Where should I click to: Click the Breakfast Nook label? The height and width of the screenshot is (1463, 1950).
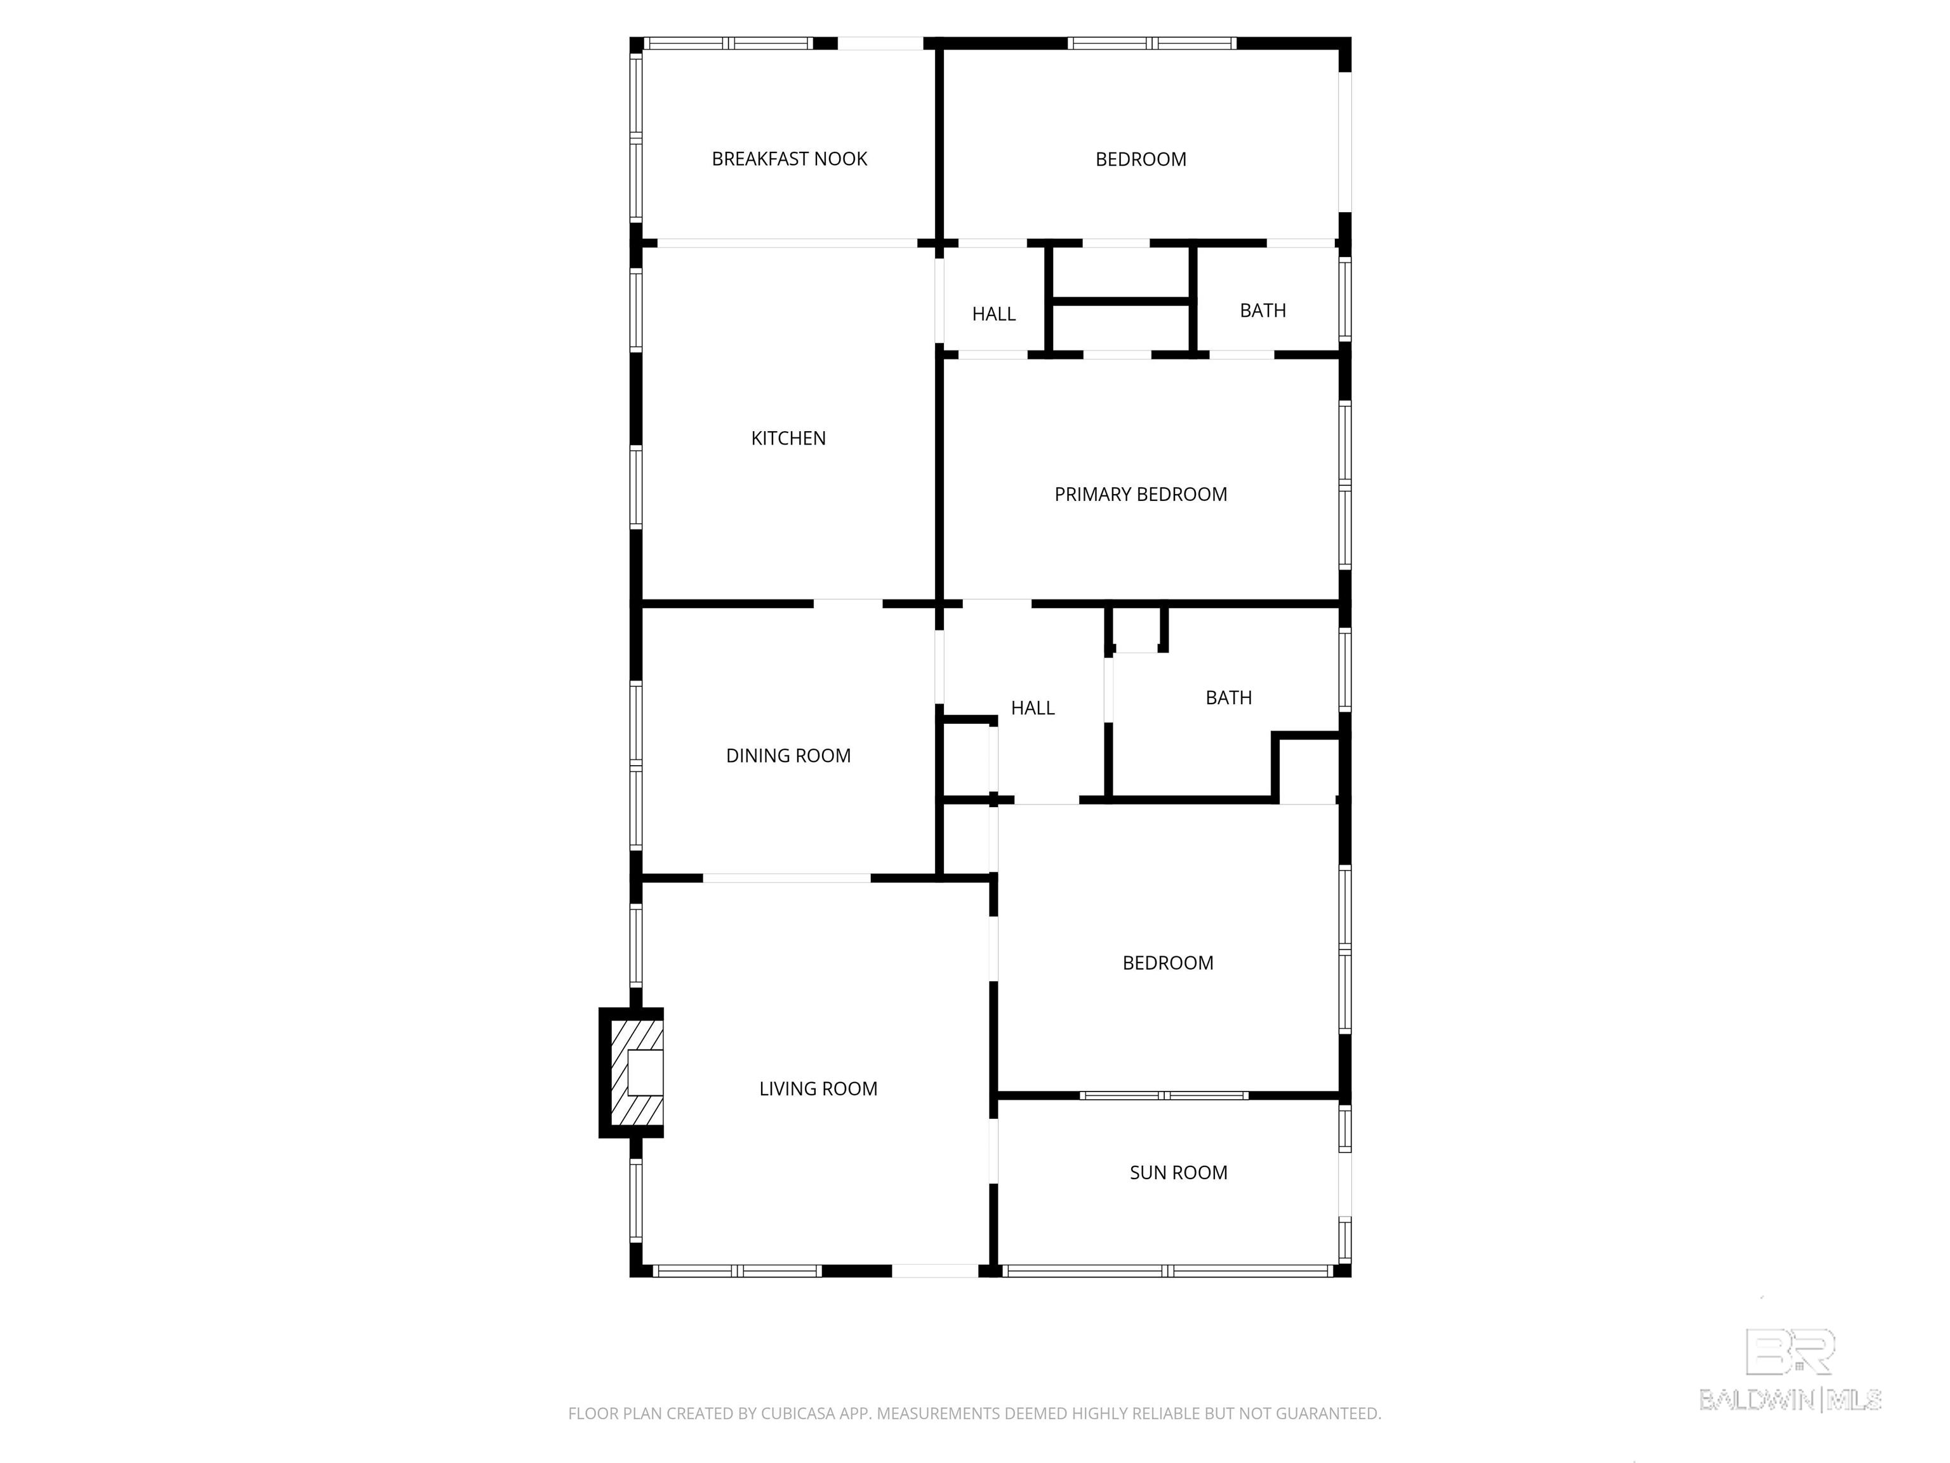pyautogui.click(x=789, y=159)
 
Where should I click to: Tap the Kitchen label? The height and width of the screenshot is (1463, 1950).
pyautogui.click(x=788, y=438)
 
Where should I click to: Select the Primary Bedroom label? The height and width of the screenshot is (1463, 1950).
pyautogui.click(x=1141, y=494)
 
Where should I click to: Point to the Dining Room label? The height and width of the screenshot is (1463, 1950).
pyautogui.click(x=788, y=756)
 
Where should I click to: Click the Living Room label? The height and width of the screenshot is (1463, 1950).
pyautogui.click(x=818, y=1089)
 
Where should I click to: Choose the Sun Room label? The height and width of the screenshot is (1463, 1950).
pyautogui.click(x=1179, y=1173)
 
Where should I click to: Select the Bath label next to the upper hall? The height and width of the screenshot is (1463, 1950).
pyautogui.click(x=1263, y=311)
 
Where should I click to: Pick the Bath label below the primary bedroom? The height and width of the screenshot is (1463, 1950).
pyautogui.click(x=1229, y=698)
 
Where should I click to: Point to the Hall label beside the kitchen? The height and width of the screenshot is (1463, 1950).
pyautogui.click(x=993, y=314)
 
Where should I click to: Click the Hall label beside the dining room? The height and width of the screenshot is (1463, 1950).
pyautogui.click(x=1032, y=708)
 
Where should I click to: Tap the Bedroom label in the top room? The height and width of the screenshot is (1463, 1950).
pyautogui.click(x=1141, y=159)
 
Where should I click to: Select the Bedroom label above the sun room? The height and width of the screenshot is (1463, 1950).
pyautogui.click(x=1168, y=963)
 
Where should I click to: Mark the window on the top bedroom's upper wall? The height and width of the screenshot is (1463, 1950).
pyautogui.click(x=1152, y=43)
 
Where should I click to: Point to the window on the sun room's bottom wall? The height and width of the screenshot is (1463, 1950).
pyautogui.click(x=1168, y=1271)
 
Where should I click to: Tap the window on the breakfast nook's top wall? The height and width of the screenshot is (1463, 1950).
pyautogui.click(x=728, y=43)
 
